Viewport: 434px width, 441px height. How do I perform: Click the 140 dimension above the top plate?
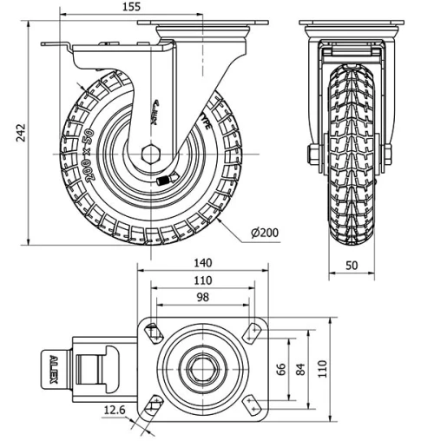[x=202, y=263]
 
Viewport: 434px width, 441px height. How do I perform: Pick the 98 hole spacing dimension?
[x=202, y=298]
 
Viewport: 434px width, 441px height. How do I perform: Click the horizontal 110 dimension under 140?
[x=202, y=280]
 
